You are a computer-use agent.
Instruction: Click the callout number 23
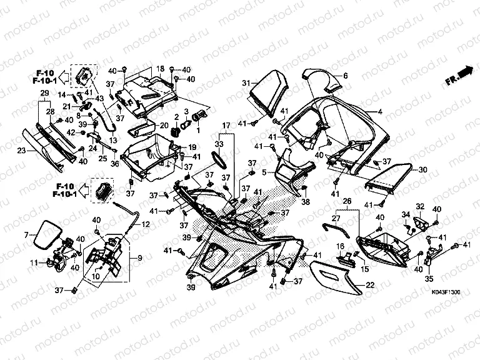(21, 150)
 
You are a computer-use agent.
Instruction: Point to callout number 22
(369, 284)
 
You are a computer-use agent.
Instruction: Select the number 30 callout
(422, 169)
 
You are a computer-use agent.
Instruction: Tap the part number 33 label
(218, 144)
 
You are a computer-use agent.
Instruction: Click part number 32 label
(420, 206)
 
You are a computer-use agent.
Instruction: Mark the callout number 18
(160, 68)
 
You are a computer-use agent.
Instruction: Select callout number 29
(44, 94)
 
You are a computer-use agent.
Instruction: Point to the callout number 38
(306, 202)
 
